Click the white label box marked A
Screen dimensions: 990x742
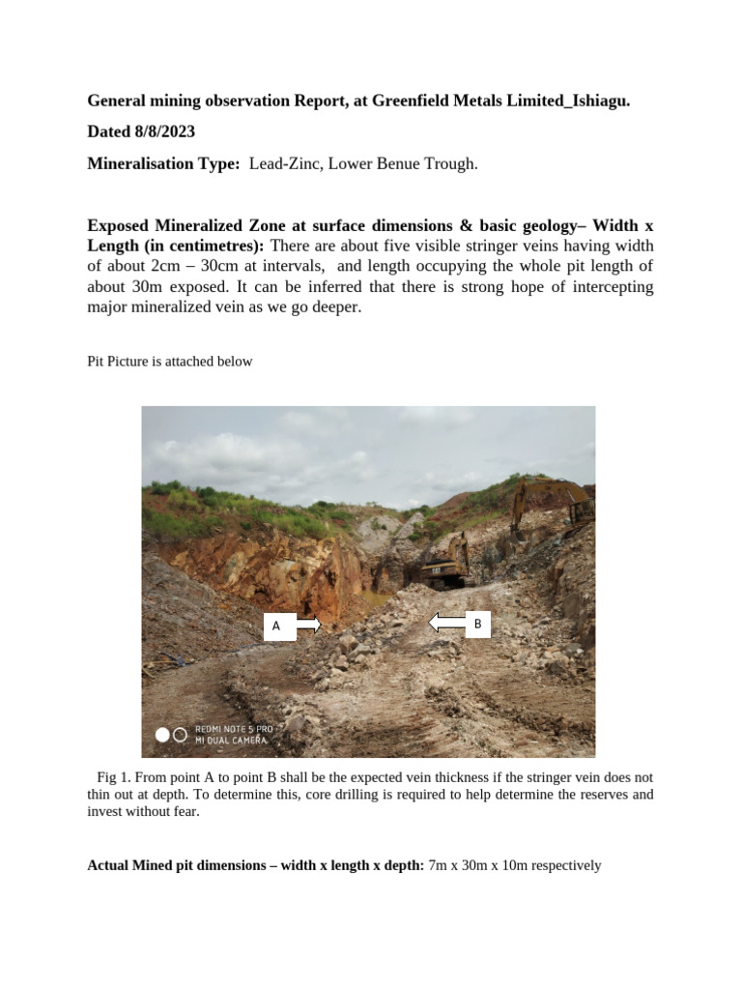277,626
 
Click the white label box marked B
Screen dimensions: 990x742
477,625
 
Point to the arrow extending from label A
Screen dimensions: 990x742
308,626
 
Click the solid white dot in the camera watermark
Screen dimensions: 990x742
162,735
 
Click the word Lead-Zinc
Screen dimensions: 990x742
286,164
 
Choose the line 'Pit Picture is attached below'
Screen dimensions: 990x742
170,362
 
